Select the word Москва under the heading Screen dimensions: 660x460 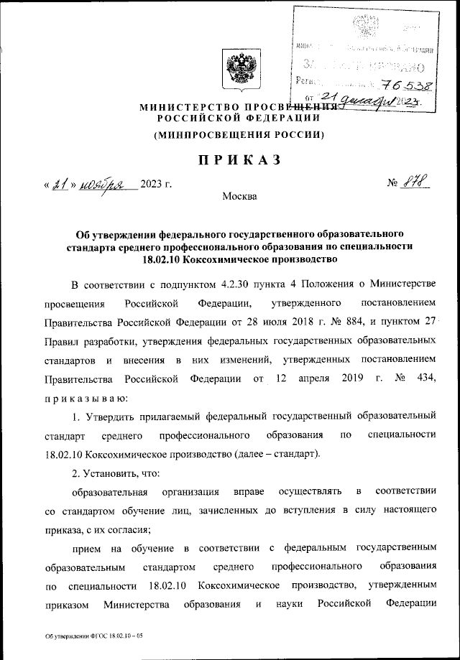pos(239,196)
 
